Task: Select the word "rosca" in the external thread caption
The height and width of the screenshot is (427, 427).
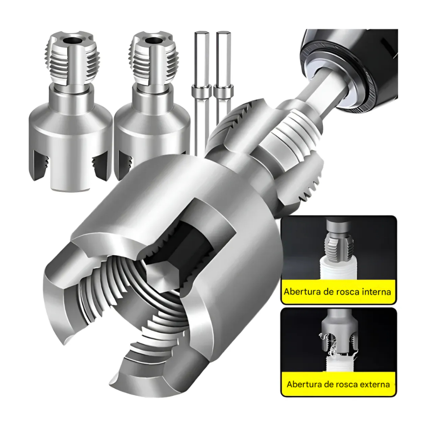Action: (346, 384)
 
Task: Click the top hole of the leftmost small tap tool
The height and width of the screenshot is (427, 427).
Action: (72, 41)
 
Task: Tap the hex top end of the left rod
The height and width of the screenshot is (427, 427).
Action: (202, 33)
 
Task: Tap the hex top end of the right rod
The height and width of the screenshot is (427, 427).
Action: (224, 33)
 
